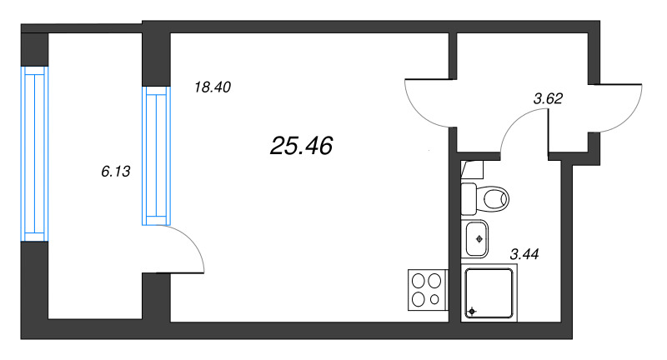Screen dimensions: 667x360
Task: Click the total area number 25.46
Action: pyautogui.click(x=301, y=146)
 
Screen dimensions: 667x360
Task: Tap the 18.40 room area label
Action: pyautogui.click(x=213, y=87)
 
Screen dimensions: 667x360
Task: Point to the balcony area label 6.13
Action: pyautogui.click(x=116, y=172)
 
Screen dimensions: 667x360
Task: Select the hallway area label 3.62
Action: pyautogui.click(x=548, y=98)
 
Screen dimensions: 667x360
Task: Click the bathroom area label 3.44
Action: pyautogui.click(x=524, y=254)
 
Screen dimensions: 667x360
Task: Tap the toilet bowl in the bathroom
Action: pyautogui.click(x=493, y=198)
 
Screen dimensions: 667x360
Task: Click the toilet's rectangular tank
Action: pyautogui.click(x=469, y=199)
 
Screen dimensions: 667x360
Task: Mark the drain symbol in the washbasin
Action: pyautogui.click(x=480, y=239)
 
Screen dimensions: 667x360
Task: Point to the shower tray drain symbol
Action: pyautogui.click(x=472, y=312)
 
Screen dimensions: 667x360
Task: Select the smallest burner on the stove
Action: pyautogui.click(x=434, y=300)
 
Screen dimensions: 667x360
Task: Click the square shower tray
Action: pyautogui.click(x=489, y=292)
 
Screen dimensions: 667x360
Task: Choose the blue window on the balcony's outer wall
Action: pyautogui.click(x=34, y=154)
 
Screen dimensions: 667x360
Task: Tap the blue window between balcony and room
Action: pyautogui.click(x=156, y=156)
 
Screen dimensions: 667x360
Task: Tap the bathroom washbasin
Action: pyautogui.click(x=474, y=239)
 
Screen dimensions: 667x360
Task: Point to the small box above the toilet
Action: pyautogui.click(x=473, y=170)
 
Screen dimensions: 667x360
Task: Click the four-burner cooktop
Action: pyautogui.click(x=428, y=290)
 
